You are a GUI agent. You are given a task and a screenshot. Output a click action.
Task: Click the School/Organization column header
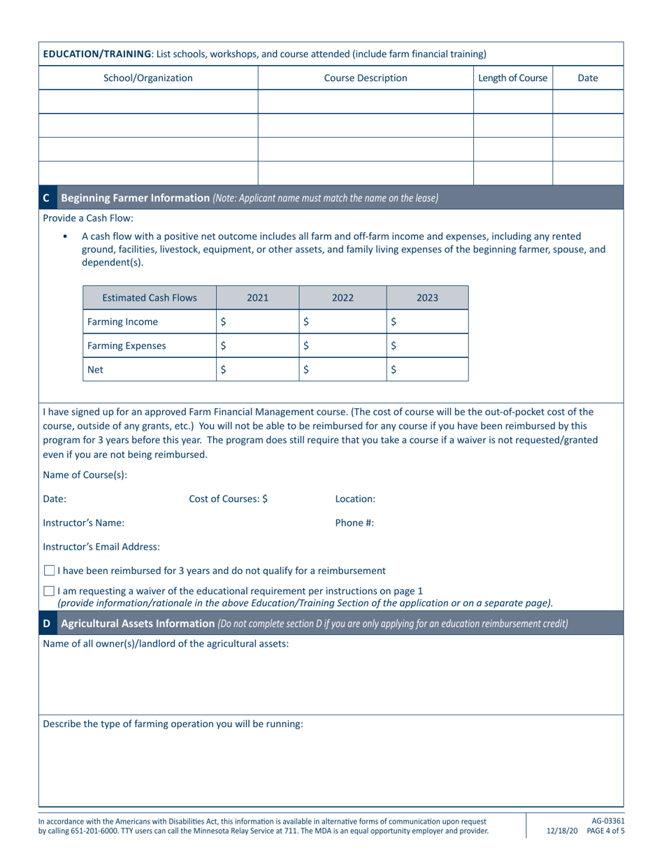(x=148, y=78)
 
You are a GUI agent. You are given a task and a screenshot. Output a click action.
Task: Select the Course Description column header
(x=366, y=78)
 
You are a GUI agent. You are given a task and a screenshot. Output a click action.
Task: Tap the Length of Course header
(x=513, y=78)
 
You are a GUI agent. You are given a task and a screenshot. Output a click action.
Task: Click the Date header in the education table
(x=587, y=78)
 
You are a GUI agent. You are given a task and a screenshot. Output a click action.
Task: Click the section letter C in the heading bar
(x=47, y=198)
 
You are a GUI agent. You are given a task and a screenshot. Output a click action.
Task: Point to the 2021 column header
(x=258, y=298)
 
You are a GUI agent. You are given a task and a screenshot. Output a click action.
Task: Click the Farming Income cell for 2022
(x=342, y=322)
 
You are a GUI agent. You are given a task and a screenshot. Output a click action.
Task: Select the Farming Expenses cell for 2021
(x=258, y=345)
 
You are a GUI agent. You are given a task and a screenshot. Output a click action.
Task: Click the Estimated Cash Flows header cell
(x=150, y=298)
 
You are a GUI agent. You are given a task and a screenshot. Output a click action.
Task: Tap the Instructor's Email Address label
(x=101, y=546)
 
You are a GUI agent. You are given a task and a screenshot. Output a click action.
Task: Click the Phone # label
(x=354, y=522)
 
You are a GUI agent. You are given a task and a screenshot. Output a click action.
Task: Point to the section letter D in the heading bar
(x=47, y=623)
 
